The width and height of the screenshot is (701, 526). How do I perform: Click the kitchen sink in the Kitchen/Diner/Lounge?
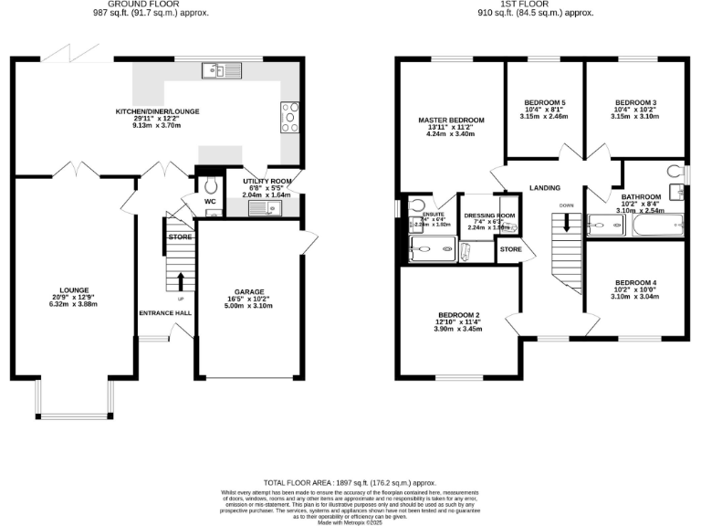click(x=221, y=69)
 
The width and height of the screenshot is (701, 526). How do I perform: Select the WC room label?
click(x=209, y=201)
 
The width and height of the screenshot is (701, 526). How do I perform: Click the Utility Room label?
click(x=267, y=181)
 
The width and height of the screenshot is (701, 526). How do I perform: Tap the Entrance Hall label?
click(x=164, y=312)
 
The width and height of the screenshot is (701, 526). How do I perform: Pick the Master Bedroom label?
click(x=451, y=120)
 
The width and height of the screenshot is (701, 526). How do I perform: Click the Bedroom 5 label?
click(x=544, y=102)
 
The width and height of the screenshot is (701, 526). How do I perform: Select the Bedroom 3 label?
click(x=633, y=102)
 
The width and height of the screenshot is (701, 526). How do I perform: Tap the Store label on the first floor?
click(x=510, y=247)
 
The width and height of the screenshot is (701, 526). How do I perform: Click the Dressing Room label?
click(x=489, y=216)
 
